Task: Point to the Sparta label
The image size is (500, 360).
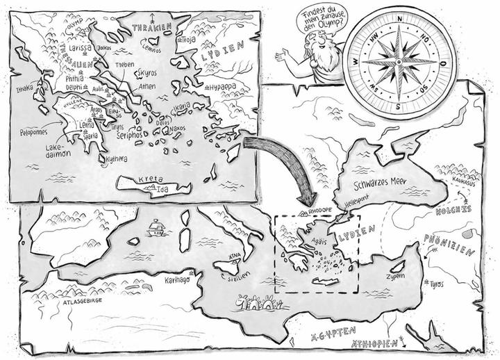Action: point(91,136)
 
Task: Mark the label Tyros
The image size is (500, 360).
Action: point(436,284)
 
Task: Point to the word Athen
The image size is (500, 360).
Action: point(147,86)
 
